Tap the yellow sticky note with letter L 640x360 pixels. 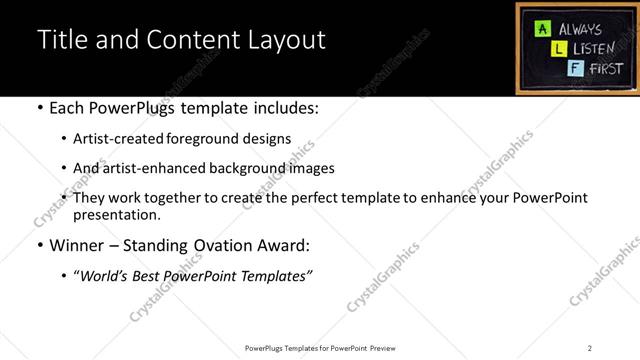(x=559, y=48)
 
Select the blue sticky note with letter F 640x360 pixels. (x=572, y=68)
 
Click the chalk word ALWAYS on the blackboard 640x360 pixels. (x=581, y=29)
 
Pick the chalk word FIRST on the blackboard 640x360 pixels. (x=604, y=68)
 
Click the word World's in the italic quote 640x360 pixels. (x=103, y=275)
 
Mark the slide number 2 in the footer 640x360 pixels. (x=590, y=347)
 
